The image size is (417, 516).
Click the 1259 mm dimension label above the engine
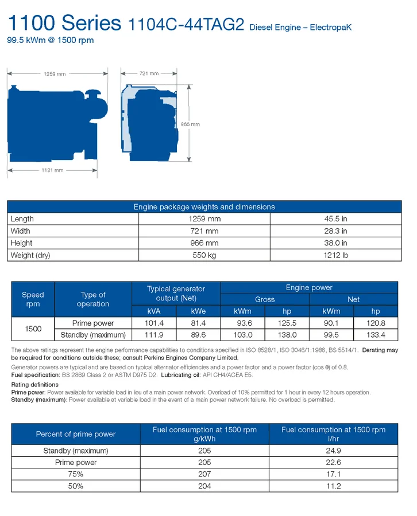click(x=55, y=73)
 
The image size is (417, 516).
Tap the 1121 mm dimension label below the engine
click(x=53, y=170)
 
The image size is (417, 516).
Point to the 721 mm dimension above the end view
click(x=149, y=73)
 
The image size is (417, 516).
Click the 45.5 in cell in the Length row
click(x=336, y=219)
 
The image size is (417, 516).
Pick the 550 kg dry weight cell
click(x=204, y=255)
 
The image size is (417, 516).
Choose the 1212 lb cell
click(x=336, y=255)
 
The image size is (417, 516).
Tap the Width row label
click(x=21, y=231)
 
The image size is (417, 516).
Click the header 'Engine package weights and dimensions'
click(x=204, y=207)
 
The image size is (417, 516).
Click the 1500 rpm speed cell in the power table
click(x=33, y=329)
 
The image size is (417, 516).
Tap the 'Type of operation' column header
click(x=92, y=299)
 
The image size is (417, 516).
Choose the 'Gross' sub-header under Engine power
click(x=265, y=299)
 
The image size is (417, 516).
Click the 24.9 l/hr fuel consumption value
click(x=333, y=451)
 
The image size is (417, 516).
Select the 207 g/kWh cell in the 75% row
click(x=204, y=474)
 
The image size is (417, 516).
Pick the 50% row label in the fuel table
click(x=76, y=486)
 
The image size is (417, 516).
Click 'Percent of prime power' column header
click(x=76, y=434)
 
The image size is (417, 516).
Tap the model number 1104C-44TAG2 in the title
click(x=187, y=25)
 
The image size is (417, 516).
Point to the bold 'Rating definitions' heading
click(x=34, y=385)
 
